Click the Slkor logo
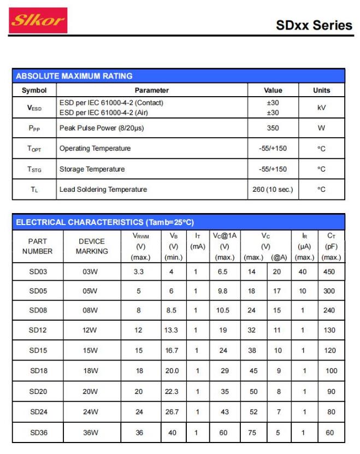(39, 21)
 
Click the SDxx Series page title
(314, 25)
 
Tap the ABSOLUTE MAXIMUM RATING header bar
(179, 76)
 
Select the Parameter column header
(151, 90)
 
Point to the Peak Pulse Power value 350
(272, 128)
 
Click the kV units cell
(321, 108)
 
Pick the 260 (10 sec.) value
(272, 190)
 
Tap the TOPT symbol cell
(34, 149)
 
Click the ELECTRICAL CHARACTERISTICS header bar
(179, 222)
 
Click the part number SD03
(38, 272)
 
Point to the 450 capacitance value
(329, 272)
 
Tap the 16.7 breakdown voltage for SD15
(172, 351)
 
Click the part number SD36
(38, 432)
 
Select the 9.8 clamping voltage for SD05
(222, 291)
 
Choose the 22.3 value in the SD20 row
(172, 392)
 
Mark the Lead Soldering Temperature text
(103, 190)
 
